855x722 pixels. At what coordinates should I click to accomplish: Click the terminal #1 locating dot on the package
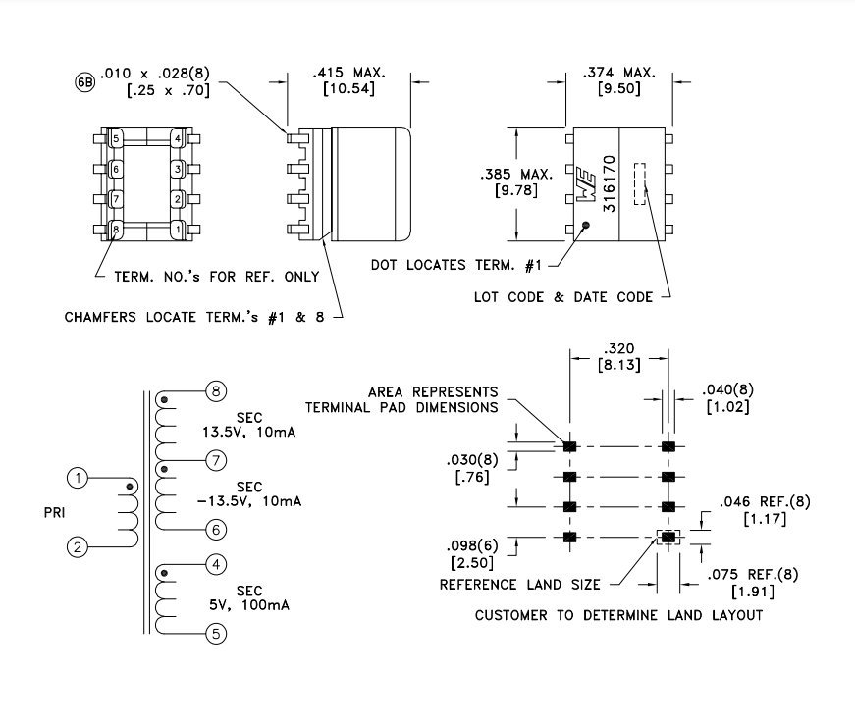point(586,226)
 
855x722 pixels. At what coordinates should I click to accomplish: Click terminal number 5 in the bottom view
point(116,139)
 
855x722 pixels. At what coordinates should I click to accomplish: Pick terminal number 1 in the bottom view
point(178,230)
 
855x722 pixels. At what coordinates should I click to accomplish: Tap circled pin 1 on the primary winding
point(78,478)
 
